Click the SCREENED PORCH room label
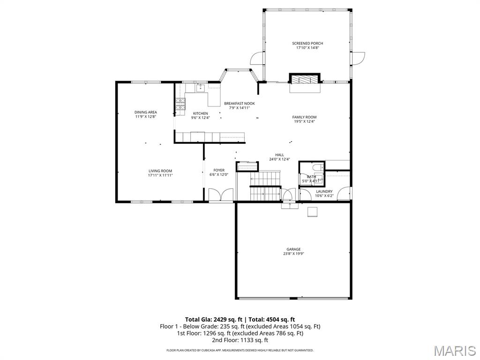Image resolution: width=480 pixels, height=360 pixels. point(307,43)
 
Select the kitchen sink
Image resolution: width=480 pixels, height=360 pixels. point(200,87)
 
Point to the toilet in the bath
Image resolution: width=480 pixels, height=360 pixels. point(317,167)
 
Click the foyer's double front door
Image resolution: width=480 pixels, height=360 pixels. point(221,195)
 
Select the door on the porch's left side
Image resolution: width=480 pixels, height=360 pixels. point(257,58)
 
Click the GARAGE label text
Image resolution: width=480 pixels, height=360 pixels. point(293,249)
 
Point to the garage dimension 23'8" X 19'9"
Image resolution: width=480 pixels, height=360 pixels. point(293,254)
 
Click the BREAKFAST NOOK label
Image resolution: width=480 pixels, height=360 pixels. point(239,103)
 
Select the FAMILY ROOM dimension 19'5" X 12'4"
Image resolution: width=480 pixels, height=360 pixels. point(304,121)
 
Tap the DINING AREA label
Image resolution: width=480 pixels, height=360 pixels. point(146,112)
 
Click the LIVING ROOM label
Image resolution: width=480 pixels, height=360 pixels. point(160,171)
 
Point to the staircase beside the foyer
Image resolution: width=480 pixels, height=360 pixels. point(265,185)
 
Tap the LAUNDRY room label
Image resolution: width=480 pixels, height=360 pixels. point(324,191)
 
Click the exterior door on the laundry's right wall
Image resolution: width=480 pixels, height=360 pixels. point(345,194)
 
